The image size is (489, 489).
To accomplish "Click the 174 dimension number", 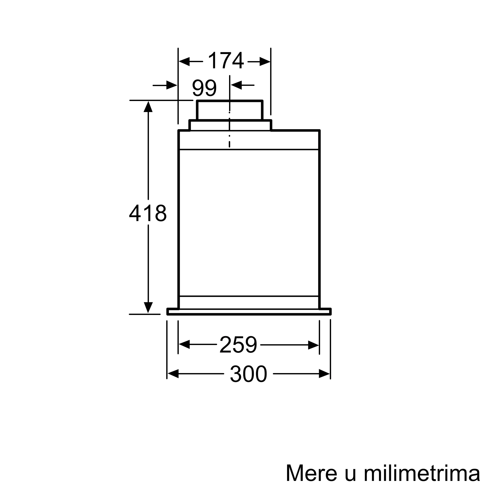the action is click(226, 60).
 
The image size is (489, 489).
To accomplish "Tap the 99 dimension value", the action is click(204, 88).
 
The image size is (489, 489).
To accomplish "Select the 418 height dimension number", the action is click(148, 213).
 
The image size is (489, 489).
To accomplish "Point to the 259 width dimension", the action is click(238, 345).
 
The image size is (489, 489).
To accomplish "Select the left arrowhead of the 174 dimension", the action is click(184, 62).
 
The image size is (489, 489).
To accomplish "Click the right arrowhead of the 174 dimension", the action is click(265, 62).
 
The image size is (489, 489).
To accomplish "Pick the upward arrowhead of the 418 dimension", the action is click(148, 107).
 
